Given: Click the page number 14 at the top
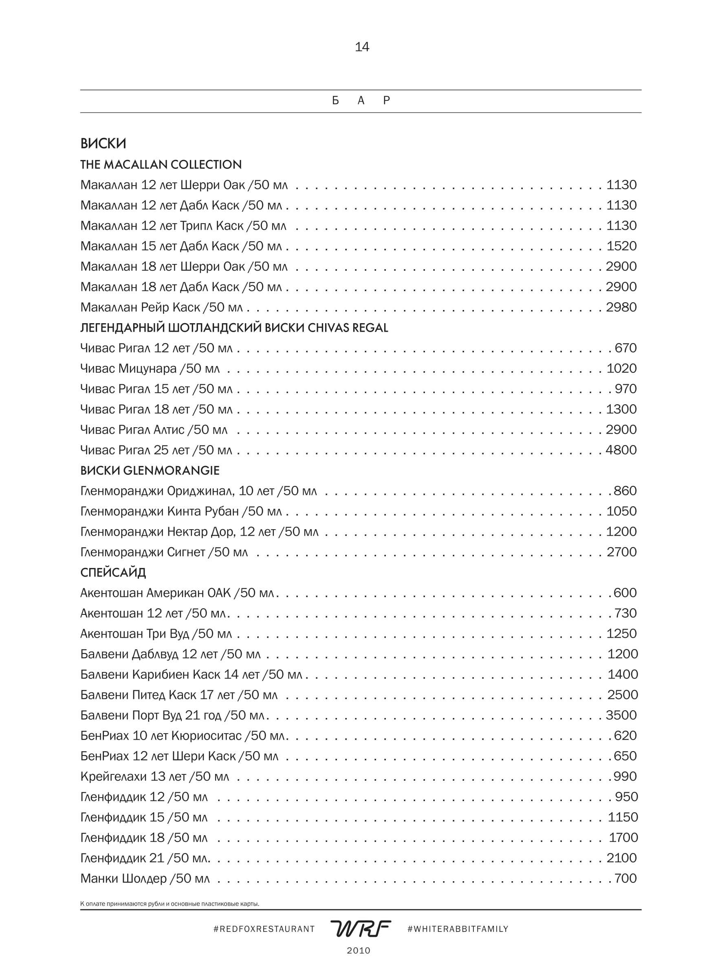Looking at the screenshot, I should (x=362, y=47).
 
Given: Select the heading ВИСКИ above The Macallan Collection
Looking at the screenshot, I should (x=103, y=144).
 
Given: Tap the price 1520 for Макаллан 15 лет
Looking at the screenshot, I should (x=621, y=246).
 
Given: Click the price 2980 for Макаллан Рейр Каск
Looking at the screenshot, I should (x=621, y=307).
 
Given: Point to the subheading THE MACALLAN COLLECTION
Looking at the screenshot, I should (x=161, y=164).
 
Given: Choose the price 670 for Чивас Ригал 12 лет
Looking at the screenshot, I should (x=625, y=348).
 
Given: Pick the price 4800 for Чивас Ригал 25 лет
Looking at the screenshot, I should (x=621, y=450).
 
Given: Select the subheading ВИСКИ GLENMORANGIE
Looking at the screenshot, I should (x=150, y=470).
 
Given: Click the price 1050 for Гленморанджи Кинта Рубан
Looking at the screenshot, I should (x=621, y=511).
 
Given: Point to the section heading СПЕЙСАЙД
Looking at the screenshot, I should (x=113, y=572).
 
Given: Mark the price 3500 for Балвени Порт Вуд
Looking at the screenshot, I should (x=621, y=715).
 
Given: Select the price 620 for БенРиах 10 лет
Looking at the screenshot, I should (x=625, y=736).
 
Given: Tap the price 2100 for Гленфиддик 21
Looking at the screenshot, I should (x=621, y=858).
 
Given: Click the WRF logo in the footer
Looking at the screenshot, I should (x=361, y=928).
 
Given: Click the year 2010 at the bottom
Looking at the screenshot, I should (x=359, y=950).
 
